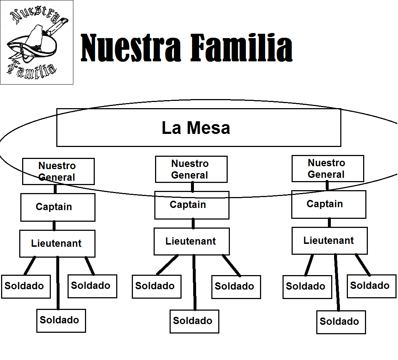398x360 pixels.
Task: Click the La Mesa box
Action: (198, 128)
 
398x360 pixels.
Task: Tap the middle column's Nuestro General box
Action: (191, 169)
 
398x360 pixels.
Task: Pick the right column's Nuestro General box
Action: (328, 168)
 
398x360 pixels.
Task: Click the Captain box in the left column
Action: (57, 207)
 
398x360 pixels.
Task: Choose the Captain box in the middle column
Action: (191, 205)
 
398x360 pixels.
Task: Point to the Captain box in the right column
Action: (328, 204)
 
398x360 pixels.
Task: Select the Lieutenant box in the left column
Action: (57, 243)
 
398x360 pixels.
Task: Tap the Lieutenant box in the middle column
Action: (191, 241)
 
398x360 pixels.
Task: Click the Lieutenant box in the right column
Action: (329, 241)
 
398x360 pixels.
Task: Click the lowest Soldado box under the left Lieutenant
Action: (61, 320)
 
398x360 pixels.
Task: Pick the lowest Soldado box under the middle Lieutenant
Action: (194, 321)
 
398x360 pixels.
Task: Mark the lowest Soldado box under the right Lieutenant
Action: (341, 322)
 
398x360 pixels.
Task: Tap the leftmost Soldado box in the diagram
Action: (25, 286)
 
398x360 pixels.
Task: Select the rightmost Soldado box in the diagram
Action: (371, 286)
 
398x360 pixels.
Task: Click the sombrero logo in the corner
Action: (36, 42)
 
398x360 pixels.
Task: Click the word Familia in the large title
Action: (241, 48)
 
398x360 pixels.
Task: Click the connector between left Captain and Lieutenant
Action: (54, 225)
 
